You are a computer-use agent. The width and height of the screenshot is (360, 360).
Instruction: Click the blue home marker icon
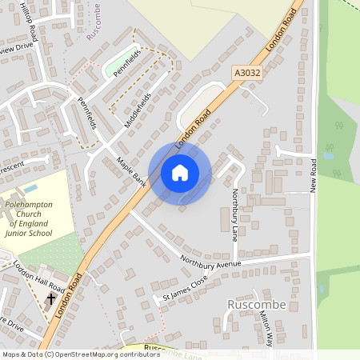(x=180, y=172)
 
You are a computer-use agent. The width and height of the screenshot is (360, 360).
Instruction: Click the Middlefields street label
(x=138, y=110)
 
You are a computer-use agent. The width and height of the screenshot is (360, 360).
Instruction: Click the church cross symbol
(x=51, y=299)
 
